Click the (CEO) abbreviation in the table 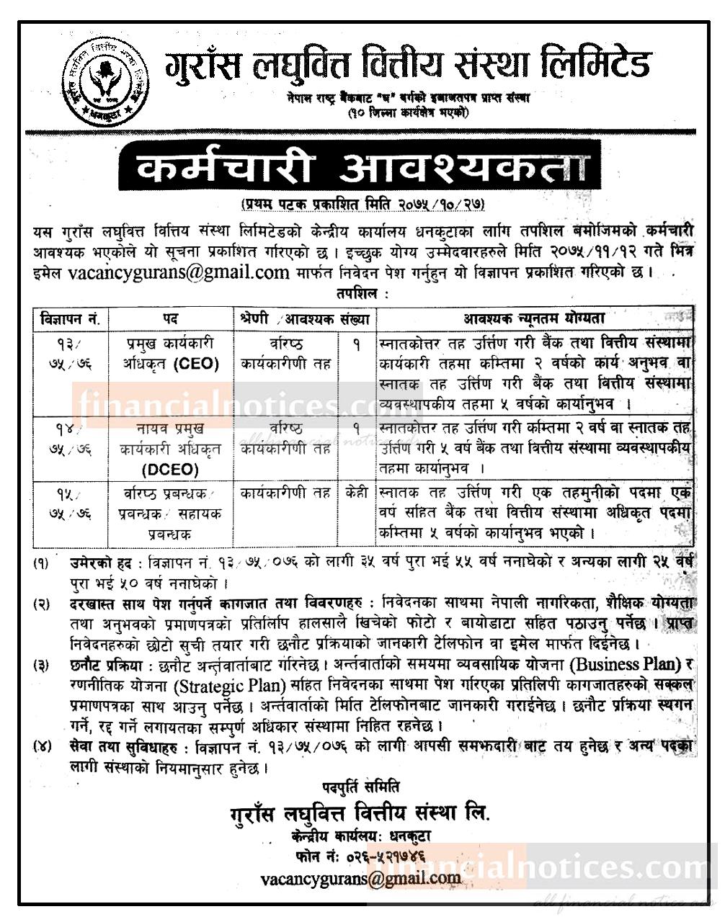(x=195, y=364)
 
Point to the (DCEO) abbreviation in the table (x=170, y=470)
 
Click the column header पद (x=170, y=318)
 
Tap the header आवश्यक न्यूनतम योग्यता (x=534, y=318)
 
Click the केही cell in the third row (x=355, y=493)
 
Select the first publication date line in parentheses (x=362, y=205)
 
